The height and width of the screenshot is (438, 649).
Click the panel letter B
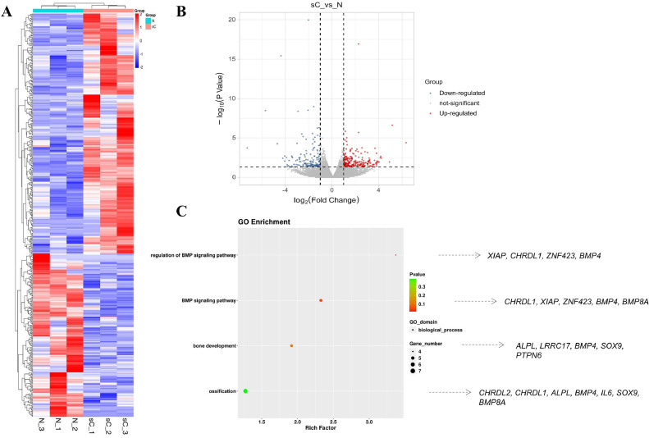coord(181,11)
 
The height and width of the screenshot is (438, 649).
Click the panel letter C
coord(182,212)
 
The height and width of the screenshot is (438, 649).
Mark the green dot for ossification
coord(245,390)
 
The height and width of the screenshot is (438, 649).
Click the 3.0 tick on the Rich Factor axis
coord(369,421)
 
